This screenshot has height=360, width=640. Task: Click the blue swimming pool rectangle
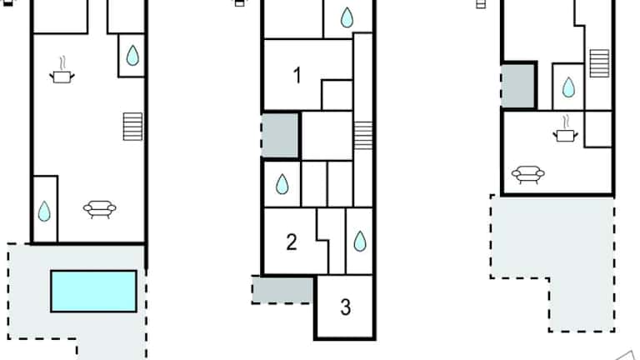pos(93,291)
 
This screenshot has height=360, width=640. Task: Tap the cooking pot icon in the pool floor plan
pos(62,70)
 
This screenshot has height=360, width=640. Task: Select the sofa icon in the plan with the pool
pos(100,209)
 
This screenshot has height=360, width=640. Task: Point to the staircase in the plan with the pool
pos(132,127)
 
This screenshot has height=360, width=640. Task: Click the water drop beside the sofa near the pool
pos(44,211)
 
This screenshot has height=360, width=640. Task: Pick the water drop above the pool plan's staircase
pos(132,55)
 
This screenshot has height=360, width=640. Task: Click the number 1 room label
pos(297,76)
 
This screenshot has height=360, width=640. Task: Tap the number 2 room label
pos(292,242)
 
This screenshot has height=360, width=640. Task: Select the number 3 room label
pos(345,307)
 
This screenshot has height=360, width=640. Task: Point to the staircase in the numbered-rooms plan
pos(362,136)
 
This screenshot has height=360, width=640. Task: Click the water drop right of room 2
pos(360,241)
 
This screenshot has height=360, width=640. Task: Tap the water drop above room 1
pos(347,17)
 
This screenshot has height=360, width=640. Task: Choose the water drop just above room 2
pos(282,183)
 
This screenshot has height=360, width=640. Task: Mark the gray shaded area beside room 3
pos(282,290)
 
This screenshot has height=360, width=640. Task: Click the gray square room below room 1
pos(280,135)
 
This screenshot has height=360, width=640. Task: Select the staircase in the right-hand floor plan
pos(600,63)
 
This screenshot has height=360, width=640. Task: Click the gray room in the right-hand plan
pos(518,85)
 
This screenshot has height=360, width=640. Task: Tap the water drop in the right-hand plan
pos(568,87)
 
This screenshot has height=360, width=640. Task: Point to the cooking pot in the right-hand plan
pos(565,128)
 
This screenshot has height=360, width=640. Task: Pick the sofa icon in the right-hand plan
pos(528,175)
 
